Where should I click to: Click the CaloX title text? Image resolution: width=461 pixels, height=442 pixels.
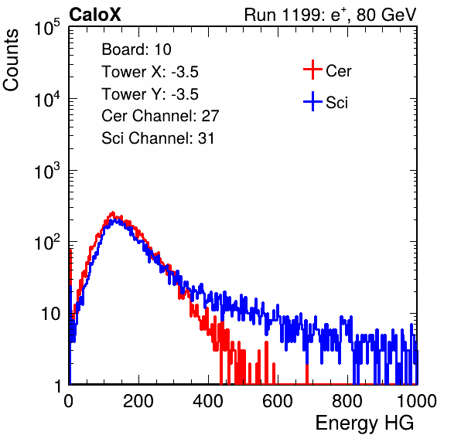pyautogui.click(x=94, y=15)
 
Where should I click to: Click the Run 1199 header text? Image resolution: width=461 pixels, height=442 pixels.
pyautogui.click(x=330, y=15)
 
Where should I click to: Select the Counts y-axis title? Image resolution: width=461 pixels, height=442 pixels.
pyautogui.click(x=11, y=60)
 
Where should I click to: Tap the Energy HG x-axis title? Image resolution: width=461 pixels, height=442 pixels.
pyautogui.click(x=364, y=423)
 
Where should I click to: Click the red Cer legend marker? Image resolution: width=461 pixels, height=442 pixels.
pyautogui.click(x=312, y=70)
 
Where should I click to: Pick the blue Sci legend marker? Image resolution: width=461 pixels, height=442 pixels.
pyautogui.click(x=312, y=101)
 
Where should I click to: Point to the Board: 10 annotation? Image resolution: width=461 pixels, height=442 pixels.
pyautogui.click(x=136, y=49)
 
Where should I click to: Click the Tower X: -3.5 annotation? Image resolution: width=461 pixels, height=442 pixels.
pyautogui.click(x=150, y=72)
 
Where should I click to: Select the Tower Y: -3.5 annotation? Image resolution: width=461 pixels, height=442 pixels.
pyautogui.click(x=150, y=94)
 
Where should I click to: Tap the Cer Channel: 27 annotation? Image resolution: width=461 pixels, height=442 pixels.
pyautogui.click(x=160, y=116)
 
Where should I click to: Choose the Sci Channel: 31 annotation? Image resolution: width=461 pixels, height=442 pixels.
pyautogui.click(x=158, y=138)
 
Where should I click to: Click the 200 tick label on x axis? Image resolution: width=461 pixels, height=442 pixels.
pyautogui.click(x=138, y=401)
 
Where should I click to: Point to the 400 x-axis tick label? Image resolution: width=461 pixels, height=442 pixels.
pyautogui.click(x=208, y=401)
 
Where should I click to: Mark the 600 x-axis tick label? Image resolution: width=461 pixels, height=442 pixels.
pyautogui.click(x=278, y=401)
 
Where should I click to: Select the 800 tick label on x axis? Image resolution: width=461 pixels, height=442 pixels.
pyautogui.click(x=347, y=401)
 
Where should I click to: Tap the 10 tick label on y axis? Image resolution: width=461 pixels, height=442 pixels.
pyautogui.click(x=50, y=314)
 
